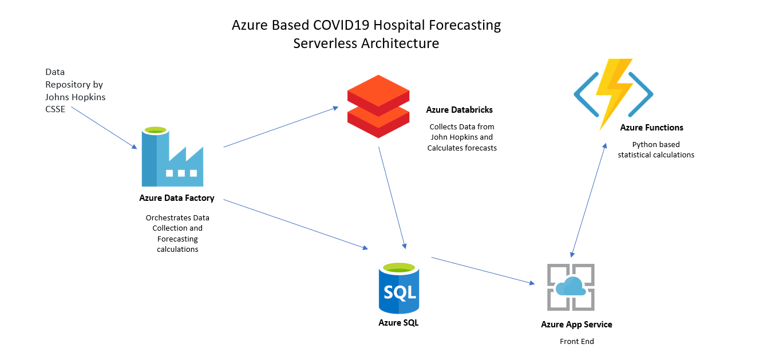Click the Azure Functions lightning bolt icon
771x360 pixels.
point(614,93)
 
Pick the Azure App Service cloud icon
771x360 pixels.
point(571,287)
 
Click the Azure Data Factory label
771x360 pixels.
point(176,198)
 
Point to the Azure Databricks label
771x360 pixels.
point(459,109)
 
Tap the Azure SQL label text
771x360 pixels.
point(398,323)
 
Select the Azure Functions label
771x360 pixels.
point(651,128)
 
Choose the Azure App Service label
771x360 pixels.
point(576,325)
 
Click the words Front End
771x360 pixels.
point(576,342)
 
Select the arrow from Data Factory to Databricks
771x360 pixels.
point(280,126)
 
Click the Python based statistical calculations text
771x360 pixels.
point(656,149)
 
